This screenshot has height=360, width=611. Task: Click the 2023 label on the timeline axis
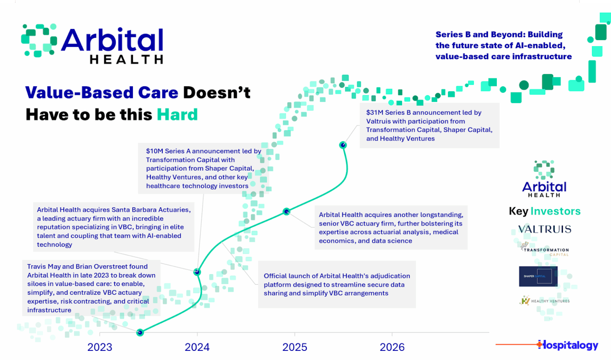(x=99, y=347)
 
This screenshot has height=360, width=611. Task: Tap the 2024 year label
(x=197, y=347)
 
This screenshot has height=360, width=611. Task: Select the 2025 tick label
(x=294, y=347)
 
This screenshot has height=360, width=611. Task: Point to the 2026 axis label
(x=392, y=347)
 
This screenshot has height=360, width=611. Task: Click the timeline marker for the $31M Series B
(x=343, y=145)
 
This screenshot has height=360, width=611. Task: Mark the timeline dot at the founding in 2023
(x=140, y=333)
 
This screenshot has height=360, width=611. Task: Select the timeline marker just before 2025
(x=286, y=212)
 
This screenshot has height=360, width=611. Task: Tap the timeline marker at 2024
(x=197, y=272)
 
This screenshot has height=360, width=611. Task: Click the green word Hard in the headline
(x=177, y=115)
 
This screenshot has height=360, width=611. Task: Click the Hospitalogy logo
(x=568, y=345)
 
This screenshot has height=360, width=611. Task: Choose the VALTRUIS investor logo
(x=545, y=229)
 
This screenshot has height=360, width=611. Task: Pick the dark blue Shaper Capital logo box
(x=538, y=276)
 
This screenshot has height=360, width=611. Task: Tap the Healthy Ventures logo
(x=545, y=301)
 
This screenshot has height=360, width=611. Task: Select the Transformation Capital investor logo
(x=545, y=250)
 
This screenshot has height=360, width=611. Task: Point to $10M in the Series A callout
(x=155, y=151)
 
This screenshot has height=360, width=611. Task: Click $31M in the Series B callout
(x=375, y=113)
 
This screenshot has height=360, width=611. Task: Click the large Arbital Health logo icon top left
(x=39, y=40)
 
